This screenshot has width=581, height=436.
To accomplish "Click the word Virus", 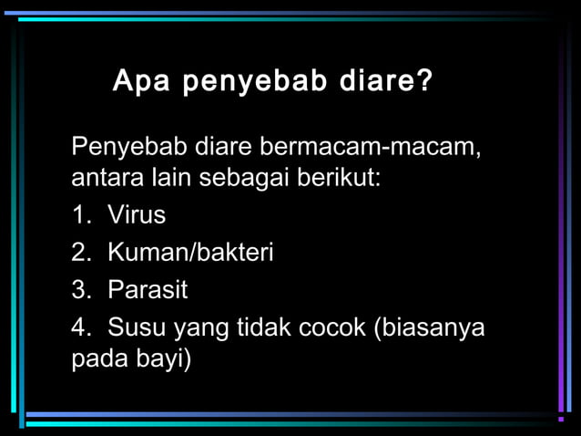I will [x=137, y=215].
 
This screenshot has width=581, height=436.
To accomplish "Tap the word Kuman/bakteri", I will [x=190, y=253].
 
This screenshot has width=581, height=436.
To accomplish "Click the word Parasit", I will [x=148, y=291].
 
